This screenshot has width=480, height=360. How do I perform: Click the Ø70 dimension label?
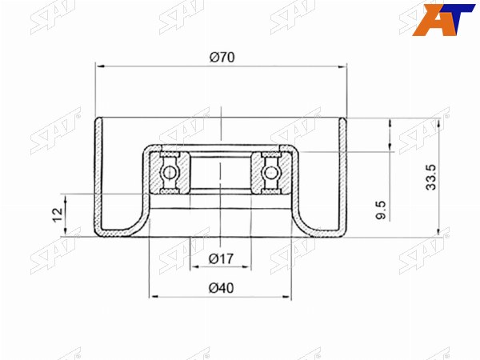pos(222,58)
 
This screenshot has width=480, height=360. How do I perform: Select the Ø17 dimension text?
pos(221,259)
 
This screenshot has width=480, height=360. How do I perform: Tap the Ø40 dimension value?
pos(221,288)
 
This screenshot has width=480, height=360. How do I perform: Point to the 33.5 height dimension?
pos(431,177)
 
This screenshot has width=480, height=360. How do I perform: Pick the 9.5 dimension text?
pos(381,210)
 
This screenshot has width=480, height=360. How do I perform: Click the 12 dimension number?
pos(58,215)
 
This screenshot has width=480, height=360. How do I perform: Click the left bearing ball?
pos(170,173)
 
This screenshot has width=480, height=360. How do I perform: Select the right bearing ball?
pos(270,173)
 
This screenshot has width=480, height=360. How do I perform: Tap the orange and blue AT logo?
pos(443,19)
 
